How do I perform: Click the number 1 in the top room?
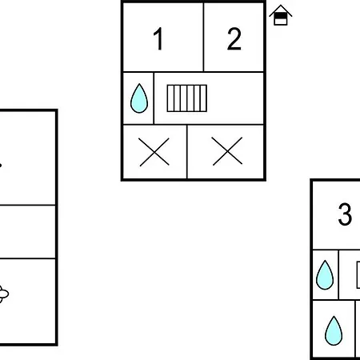(x=158, y=38)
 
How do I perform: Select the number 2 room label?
(x=234, y=39)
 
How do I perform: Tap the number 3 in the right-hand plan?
(x=345, y=214)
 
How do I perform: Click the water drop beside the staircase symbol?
(x=139, y=98)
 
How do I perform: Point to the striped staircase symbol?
(x=187, y=98)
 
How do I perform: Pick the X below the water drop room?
(x=154, y=152)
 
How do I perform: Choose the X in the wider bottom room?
(x=227, y=151)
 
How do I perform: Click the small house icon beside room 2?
(x=281, y=15)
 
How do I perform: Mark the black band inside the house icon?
(x=281, y=16)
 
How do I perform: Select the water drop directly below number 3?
(x=325, y=274)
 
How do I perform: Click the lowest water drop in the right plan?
(x=334, y=330)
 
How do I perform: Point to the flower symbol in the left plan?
(x=3, y=294)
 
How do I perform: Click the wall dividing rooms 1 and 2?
(x=203, y=37)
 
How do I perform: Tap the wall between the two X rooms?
(x=187, y=152)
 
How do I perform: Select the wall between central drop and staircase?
(x=154, y=98)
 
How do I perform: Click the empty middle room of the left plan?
(x=27, y=232)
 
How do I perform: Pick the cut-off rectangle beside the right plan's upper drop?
(x=358, y=275)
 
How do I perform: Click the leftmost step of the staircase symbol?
(x=170, y=98)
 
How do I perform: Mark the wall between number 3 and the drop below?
(x=336, y=250)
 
